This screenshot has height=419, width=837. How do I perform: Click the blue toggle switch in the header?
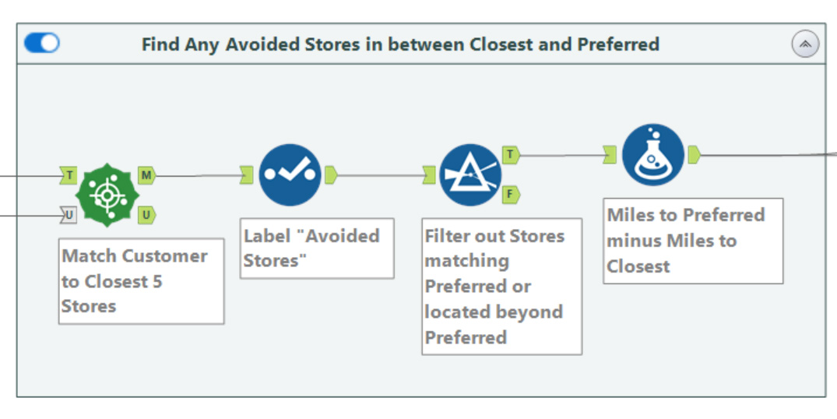coord(41,44)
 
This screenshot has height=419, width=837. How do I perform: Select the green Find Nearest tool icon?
coord(107,195)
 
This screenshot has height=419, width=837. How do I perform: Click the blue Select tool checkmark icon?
coord(290,175)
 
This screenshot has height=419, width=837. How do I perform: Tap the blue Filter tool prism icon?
coord(470,175)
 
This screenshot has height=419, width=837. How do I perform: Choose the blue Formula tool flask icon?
coord(652,155)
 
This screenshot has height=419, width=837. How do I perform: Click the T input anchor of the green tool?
coord(69,175)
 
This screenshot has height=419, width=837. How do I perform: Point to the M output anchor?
coord(147,175)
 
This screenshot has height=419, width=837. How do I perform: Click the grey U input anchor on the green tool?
coord(69,216)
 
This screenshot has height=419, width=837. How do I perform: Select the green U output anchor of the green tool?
coord(147,216)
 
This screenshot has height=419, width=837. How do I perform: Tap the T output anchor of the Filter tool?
coord(511,155)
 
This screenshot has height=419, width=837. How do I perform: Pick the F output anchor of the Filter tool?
coord(511,195)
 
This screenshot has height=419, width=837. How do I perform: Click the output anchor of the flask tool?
coord(694,155)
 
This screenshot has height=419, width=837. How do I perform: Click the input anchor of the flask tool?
coord(610,155)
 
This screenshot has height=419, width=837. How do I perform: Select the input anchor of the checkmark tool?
coord(246,175)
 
